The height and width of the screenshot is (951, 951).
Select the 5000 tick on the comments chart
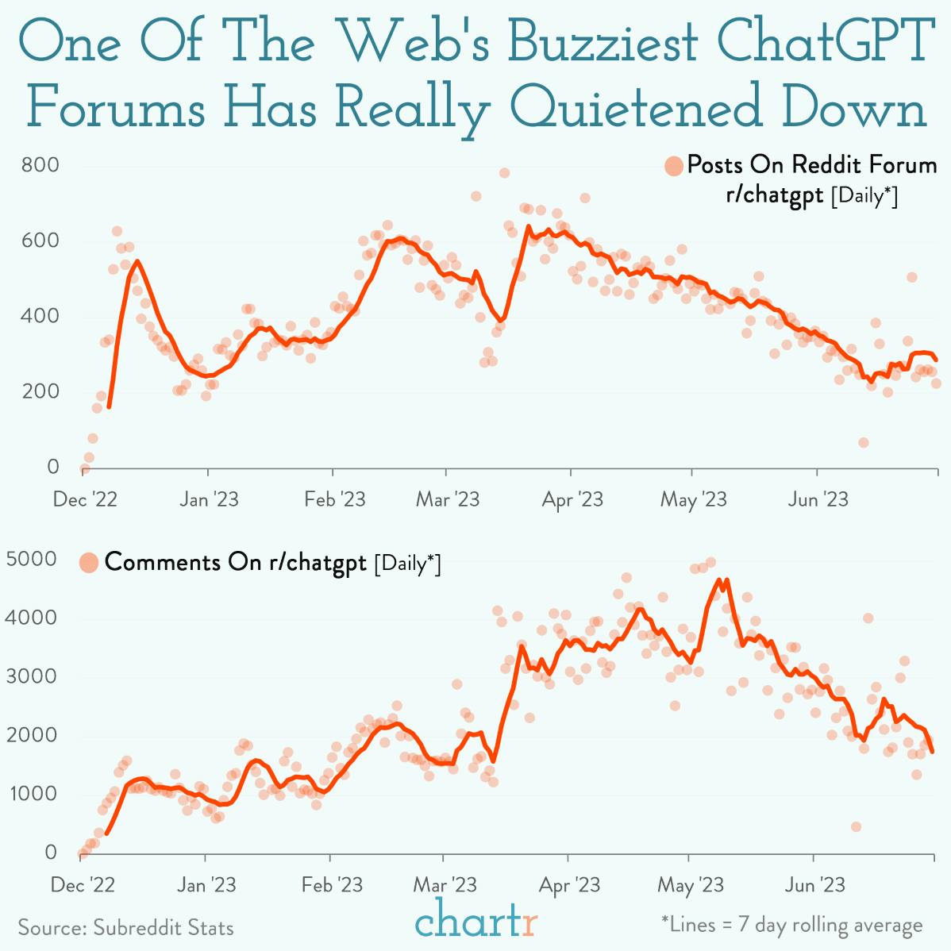pos(32,559)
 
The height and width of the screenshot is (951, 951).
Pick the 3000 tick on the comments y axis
pos(32,676)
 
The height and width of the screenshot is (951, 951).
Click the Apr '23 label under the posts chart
pos(572,499)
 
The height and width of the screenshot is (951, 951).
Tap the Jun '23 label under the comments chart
pos(815,884)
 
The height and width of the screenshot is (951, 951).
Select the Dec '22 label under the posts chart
pos(85,499)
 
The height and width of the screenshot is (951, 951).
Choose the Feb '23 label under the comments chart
pos(333,884)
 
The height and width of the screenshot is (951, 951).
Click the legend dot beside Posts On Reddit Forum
pos(674,167)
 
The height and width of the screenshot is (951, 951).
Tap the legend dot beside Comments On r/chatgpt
pos(89,563)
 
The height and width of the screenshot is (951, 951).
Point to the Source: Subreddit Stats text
pos(125,927)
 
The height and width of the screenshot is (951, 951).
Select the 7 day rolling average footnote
pos(792,925)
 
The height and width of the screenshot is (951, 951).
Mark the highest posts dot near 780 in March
pos(503,173)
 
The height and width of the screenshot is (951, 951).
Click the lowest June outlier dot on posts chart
pos(863,442)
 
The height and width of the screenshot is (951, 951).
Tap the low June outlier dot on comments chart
pos(856,826)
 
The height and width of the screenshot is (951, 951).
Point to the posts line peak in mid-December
pos(137,261)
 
